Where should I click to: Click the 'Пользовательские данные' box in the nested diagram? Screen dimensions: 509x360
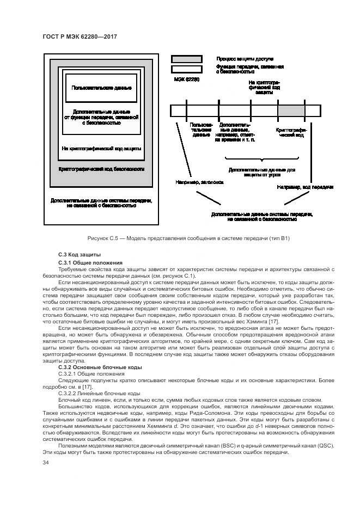pyautogui.click(x=101, y=88)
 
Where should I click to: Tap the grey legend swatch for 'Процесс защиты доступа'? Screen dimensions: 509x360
pyautogui.click(x=187, y=58)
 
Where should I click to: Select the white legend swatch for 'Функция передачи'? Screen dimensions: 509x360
pyautogui.click(x=187, y=69)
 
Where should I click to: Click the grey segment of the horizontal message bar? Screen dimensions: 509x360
pyautogui.click(x=292, y=111)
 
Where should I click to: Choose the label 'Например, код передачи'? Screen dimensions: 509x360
pyautogui.click(x=304, y=187)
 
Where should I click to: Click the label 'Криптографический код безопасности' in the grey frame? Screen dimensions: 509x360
pyautogui.click(x=101, y=169)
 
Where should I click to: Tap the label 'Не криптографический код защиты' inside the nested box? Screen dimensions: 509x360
pyautogui.click(x=101, y=148)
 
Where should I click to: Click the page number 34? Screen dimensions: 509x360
pyautogui.click(x=46, y=463)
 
